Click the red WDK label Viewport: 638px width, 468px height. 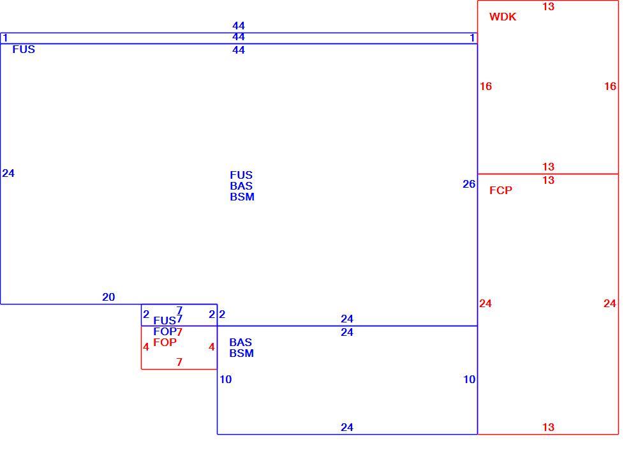point(503,17)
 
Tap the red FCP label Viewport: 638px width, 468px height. point(500,190)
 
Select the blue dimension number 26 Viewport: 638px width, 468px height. point(469,184)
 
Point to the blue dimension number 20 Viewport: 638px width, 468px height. point(108,297)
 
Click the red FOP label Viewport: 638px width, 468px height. point(165,342)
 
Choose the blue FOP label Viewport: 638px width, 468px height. point(165,331)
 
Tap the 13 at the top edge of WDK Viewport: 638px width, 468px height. point(548,6)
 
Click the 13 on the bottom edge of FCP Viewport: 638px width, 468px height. point(548,427)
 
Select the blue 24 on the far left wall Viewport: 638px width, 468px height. point(8,173)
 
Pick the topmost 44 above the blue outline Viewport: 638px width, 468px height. point(239,26)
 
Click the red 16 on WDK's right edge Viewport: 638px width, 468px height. point(610,86)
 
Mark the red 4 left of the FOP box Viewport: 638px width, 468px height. point(146,347)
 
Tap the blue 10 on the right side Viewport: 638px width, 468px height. point(469,379)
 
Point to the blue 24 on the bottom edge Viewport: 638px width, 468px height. point(346,427)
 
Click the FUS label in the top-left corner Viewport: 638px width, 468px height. point(24,49)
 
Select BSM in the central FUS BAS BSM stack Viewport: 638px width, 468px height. point(242,197)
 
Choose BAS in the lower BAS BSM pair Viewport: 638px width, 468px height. point(241,342)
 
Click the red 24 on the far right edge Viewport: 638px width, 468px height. point(609,303)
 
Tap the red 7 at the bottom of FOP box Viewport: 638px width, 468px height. point(179,362)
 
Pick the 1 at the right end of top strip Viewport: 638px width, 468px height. point(472,38)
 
